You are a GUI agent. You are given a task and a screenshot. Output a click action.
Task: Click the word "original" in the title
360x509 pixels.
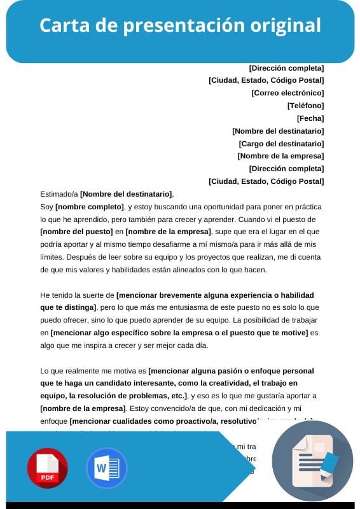pos(284,25)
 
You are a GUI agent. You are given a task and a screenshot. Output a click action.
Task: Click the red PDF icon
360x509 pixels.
pos(47,468)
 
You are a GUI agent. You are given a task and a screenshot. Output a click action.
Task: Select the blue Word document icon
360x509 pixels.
pos(106,468)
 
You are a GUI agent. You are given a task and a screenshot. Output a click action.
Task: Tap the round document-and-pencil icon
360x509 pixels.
pos(312,461)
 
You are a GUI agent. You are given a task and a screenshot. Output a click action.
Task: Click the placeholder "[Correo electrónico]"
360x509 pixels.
pos(287,93)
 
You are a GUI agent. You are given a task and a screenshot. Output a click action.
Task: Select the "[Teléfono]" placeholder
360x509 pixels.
pos(305,106)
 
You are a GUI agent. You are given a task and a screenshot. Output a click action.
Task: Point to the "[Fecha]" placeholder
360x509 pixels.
pos(310,118)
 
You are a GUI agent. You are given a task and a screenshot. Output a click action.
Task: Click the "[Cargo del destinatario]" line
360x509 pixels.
pos(281,144)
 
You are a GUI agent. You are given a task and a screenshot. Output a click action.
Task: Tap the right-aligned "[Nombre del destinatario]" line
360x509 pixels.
pos(278,131)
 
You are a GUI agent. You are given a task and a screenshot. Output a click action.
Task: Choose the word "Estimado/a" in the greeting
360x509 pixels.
pos(59,194)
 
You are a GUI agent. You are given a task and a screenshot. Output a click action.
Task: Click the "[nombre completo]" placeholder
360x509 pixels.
pos(90,207)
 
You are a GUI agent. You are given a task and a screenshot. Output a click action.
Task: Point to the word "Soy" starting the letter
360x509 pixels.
pos(46,207)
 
